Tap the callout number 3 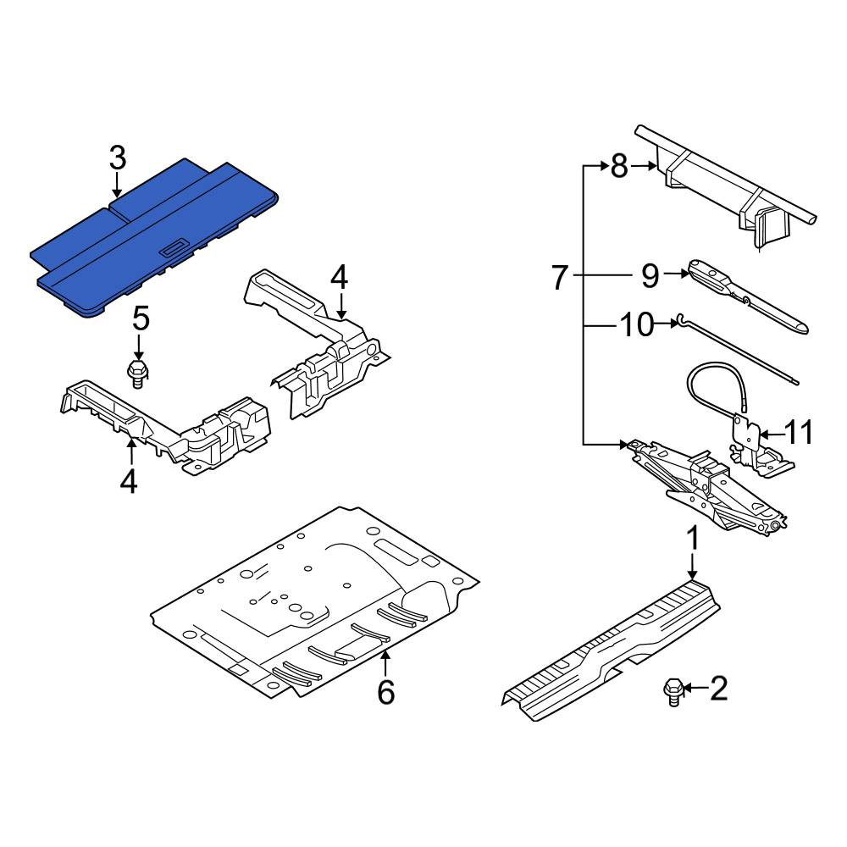[x=117, y=158]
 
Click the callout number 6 [x=385, y=691]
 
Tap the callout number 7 [x=560, y=277]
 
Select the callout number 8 [x=619, y=165]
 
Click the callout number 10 [x=636, y=324]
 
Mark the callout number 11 [x=798, y=433]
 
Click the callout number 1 [x=693, y=539]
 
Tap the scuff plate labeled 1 [x=611, y=650]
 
